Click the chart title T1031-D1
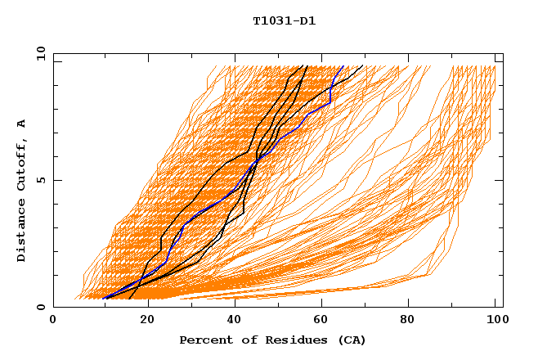pos(284,21)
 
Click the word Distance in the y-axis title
pos(22,232)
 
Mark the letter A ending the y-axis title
pos(22,124)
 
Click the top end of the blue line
pos(343,66)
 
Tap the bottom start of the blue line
pos(104,299)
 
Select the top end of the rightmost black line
pos(363,66)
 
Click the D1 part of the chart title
pos(307,21)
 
